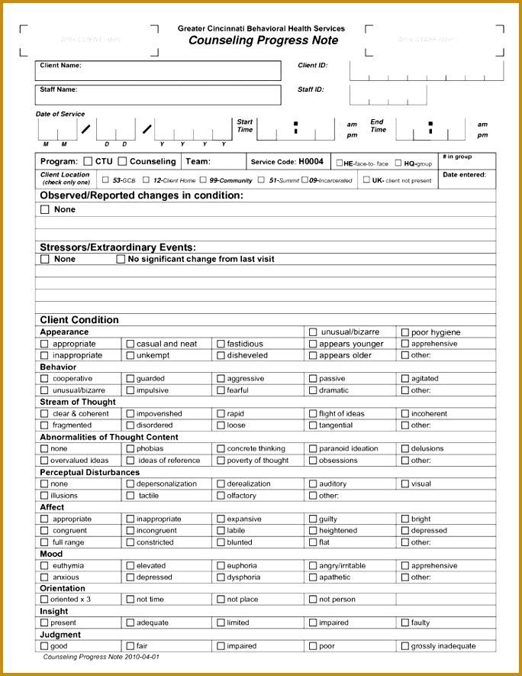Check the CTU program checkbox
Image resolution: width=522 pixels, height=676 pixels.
89,162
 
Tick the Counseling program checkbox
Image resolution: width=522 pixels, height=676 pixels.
122,162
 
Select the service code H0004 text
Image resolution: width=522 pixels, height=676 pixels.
311,162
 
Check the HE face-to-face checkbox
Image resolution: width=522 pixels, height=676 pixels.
340,163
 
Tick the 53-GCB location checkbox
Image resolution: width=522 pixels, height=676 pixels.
105,180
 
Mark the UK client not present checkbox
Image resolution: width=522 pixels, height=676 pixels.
367,180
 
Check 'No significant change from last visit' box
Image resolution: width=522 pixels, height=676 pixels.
121,260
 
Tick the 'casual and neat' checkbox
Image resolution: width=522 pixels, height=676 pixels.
130,344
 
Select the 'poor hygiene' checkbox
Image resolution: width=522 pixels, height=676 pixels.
405,332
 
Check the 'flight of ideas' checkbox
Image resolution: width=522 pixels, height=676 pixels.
313,414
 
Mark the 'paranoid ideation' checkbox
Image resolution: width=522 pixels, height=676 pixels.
313,449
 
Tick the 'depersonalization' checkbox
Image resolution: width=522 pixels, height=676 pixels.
130,484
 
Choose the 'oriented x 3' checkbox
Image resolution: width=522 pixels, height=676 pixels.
44,600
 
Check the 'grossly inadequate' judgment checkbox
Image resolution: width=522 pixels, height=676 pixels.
405,646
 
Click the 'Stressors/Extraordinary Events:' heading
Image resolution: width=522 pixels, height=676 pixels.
118,247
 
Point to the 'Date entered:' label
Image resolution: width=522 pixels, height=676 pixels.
464,175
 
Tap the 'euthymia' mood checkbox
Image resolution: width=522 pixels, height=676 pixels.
44,566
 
